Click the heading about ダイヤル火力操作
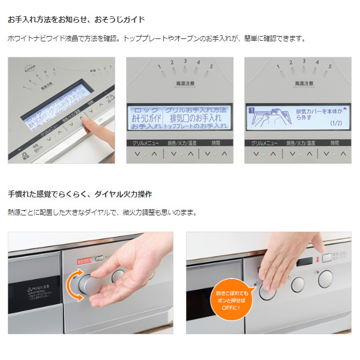coord(79,194)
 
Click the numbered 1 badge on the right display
coord(252,111)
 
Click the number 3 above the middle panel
coord(185,61)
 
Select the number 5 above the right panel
coord(329,66)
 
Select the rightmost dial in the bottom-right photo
coord(325,278)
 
